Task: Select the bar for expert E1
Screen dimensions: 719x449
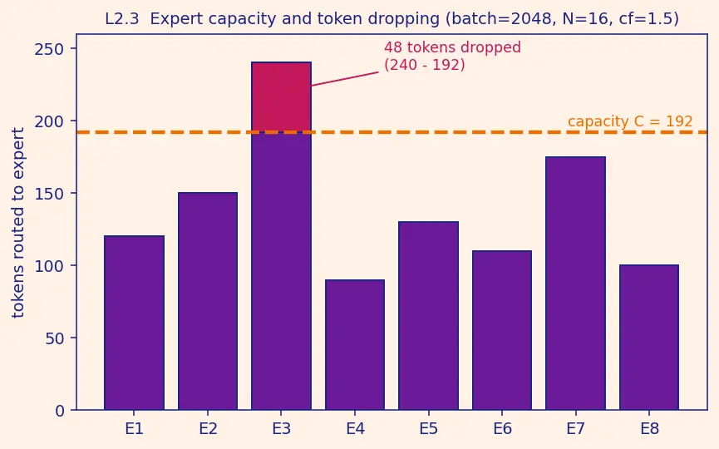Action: tap(135, 323)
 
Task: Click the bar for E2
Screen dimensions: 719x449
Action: tap(208, 301)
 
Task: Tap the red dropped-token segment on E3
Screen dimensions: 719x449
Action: tap(282, 96)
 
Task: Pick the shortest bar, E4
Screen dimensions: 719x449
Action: tap(355, 344)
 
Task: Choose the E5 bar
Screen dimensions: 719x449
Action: tap(429, 315)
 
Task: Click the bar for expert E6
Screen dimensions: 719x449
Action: tap(502, 330)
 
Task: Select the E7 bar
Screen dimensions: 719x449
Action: tap(575, 283)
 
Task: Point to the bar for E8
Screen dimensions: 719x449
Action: tap(649, 337)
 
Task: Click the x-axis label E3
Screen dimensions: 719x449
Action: tap(282, 429)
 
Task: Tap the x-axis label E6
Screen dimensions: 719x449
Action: tap(502, 429)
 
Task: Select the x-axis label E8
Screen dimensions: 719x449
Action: tap(649, 429)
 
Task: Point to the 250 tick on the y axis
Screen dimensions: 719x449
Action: tap(49, 48)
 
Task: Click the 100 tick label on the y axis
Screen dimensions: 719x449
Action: tap(49, 265)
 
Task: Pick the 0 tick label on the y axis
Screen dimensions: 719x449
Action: tap(60, 411)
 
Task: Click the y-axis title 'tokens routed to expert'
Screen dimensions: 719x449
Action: tap(18, 223)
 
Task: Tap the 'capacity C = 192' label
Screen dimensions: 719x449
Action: tap(630, 121)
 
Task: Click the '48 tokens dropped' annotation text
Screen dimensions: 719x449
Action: tap(452, 47)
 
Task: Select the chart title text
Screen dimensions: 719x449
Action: tap(392, 19)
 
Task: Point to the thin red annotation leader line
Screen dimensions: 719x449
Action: tap(345, 78)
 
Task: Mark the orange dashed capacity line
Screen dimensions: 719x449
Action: tap(392, 132)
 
